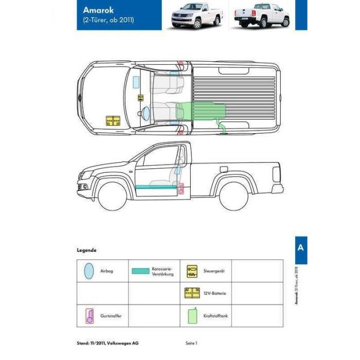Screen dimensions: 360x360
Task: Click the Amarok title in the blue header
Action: pyautogui.click(x=98, y=10)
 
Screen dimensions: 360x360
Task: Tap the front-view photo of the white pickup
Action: pyautogui.click(x=196, y=15)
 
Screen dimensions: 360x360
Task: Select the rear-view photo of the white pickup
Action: pyautogui.click(x=261, y=15)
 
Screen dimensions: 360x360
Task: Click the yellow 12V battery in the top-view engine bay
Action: pyautogui.click(x=113, y=121)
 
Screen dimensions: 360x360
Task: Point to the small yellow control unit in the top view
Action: pyautogui.click(x=140, y=98)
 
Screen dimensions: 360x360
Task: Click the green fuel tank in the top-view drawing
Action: pyautogui.click(x=200, y=111)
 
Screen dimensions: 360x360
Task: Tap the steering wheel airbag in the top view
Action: pyautogui.click(x=146, y=114)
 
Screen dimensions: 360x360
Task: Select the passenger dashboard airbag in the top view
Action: pyautogui.click(x=136, y=82)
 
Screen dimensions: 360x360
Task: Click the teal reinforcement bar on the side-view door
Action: pyautogui.click(x=156, y=187)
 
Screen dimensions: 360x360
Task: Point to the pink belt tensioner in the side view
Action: pyautogui.click(x=181, y=189)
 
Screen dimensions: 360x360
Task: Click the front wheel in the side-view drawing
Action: pyautogui.click(x=113, y=196)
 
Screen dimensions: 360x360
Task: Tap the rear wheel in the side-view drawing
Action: pyautogui.click(x=233, y=196)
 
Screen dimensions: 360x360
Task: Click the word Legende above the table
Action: pyautogui.click(x=86, y=250)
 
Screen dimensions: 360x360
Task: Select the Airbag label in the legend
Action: pyautogui.click(x=107, y=271)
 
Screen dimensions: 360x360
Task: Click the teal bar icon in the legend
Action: pyautogui.click(x=140, y=271)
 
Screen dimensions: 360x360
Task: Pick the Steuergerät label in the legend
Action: pyautogui.click(x=214, y=271)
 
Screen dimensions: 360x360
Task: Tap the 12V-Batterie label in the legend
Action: pyautogui.click(x=214, y=294)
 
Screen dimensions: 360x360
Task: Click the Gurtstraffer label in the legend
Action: pyautogui.click(x=111, y=316)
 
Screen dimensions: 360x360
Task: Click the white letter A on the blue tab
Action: pyautogui.click(x=300, y=247)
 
